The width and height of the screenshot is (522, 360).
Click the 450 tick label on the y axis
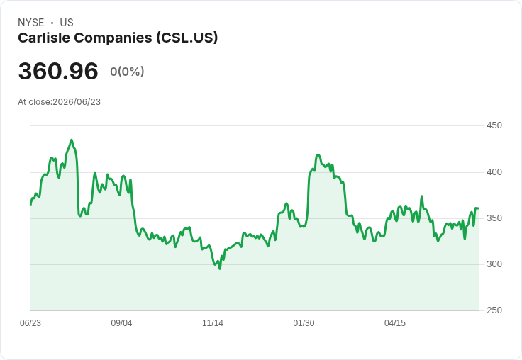pyautogui.click(x=494, y=125)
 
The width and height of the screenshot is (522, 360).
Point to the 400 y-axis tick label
pyautogui.click(x=494, y=172)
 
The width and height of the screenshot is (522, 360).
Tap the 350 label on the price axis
pyautogui.click(x=494, y=218)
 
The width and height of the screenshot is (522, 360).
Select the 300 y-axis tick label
pyautogui.click(x=494, y=264)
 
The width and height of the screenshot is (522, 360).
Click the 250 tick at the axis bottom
pyautogui.click(x=494, y=310)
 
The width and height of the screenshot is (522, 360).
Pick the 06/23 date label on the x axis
pyautogui.click(x=30, y=322)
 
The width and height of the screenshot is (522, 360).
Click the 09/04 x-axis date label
pyautogui.click(x=121, y=322)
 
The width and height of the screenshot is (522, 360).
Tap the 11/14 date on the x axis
pyautogui.click(x=213, y=322)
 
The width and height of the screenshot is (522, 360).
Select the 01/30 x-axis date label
pyautogui.click(x=304, y=322)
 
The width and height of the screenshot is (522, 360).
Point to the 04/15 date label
pyautogui.click(x=395, y=322)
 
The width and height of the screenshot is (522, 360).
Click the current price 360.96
pyautogui.click(x=58, y=71)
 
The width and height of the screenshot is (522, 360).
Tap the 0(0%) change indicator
pyautogui.click(x=127, y=71)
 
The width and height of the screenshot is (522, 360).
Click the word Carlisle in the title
pyautogui.click(x=44, y=38)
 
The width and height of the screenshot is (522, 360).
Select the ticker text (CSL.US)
pyautogui.click(x=187, y=38)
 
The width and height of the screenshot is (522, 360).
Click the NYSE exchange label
pyautogui.click(x=31, y=23)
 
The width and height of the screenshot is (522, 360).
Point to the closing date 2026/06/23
pyautogui.click(x=77, y=102)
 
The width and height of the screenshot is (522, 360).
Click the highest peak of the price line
pyautogui.click(x=71, y=140)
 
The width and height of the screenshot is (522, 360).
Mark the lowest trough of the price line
pyautogui.click(x=220, y=269)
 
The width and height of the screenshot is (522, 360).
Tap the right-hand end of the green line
pyautogui.click(x=478, y=208)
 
